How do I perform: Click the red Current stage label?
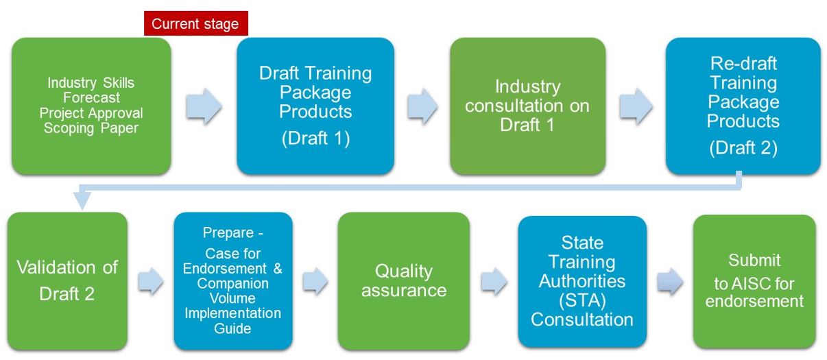pos(195,23)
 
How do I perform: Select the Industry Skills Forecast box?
pos(91,106)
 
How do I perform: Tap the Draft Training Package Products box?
pos(315,106)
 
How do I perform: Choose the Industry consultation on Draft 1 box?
pos(527,106)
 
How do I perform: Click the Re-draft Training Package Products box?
pos(743,106)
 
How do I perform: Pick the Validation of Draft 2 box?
pos(68,280)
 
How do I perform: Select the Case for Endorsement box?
pos(233,280)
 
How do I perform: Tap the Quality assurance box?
pos(404,280)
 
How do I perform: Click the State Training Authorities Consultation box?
pos(582,281)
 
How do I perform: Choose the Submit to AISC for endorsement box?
pos(754,281)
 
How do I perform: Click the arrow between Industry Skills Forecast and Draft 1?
pos(204,106)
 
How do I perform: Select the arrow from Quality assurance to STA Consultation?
pos(494,282)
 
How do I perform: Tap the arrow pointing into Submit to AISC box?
pos(670,282)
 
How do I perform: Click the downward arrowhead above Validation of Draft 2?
pos(82,200)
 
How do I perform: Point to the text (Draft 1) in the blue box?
pos(315,139)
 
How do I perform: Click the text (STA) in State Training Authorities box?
pos(582,300)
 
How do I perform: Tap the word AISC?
pos(751,284)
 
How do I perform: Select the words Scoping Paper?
pos(91,128)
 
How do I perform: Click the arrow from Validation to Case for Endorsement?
pos(151,282)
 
